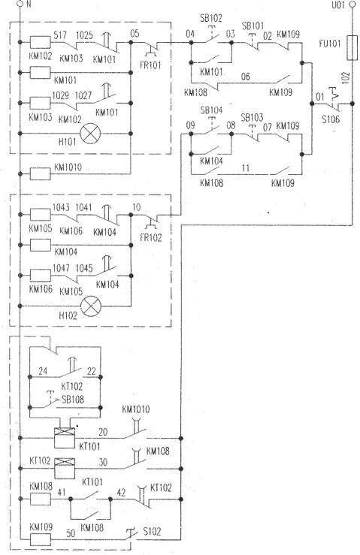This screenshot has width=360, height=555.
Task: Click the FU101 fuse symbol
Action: [352, 48]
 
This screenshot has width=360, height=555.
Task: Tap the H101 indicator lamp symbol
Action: [90, 134]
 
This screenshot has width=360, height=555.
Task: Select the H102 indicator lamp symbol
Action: [92, 306]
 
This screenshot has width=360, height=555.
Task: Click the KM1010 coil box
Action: [40, 174]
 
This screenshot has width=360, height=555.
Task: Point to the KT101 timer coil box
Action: [65, 438]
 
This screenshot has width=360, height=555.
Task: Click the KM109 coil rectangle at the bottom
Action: [40, 539]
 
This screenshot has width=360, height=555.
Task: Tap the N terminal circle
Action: [20, 5]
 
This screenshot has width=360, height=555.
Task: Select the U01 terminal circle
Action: [352, 5]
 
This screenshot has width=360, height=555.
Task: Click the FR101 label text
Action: [150, 65]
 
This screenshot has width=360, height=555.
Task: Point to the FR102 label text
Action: [150, 237]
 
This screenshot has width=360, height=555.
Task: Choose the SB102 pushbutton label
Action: [211, 19]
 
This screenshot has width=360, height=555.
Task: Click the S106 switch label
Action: [331, 119]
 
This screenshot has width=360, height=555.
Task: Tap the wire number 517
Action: [60, 35]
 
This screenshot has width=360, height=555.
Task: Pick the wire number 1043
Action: [62, 207]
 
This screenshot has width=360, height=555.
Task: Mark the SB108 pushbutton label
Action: [73, 400]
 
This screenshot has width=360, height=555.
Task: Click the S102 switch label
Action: [152, 531]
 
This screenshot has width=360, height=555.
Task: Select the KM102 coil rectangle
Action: [40, 43]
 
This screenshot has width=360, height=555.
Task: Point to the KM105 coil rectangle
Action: [40, 215]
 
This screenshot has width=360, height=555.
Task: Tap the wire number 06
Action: [245, 77]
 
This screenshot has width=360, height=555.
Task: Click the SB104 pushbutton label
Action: [211, 110]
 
